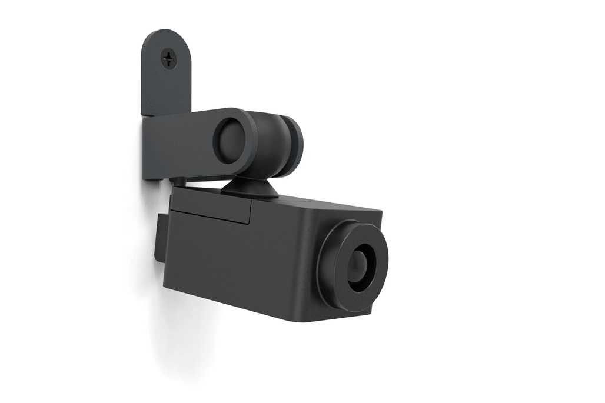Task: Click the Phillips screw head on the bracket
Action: tap(169, 58)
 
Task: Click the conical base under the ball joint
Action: tap(250, 188)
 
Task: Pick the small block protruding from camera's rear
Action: tap(159, 239)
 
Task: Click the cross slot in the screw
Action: tap(169, 58)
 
